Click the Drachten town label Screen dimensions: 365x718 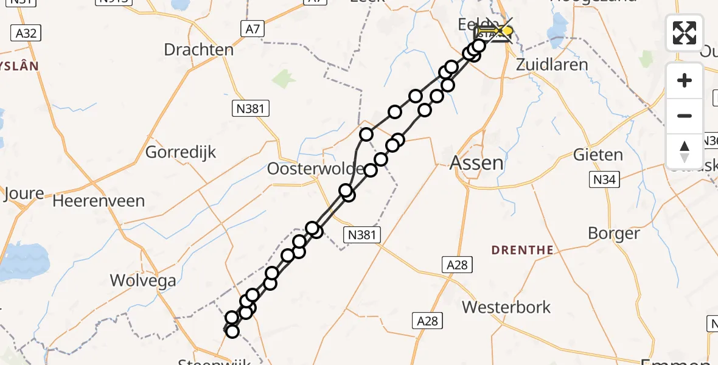click(198, 49)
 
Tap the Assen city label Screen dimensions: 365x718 click(476, 162)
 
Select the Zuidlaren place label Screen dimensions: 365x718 click(552, 64)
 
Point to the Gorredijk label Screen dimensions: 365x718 click(181, 152)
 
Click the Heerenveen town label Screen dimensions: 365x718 click(99, 201)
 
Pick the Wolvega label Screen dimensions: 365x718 click(143, 280)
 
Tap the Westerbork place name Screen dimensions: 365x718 click(506, 307)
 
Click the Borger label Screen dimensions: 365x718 click(614, 233)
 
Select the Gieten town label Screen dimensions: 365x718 click(598, 155)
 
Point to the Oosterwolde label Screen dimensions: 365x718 click(315, 169)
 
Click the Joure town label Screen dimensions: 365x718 click(24, 194)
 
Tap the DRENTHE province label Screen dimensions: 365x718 click(522, 250)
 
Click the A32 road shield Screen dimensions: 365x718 click(26, 33)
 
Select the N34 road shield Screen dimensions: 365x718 click(604, 179)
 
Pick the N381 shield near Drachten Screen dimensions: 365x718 click(251, 109)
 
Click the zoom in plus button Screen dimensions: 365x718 click(685, 81)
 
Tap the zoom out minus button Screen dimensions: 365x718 click(685, 116)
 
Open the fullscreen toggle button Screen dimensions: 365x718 click(685, 32)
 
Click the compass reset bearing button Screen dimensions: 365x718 click(685, 151)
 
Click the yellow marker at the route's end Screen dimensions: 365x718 click(506, 30)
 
